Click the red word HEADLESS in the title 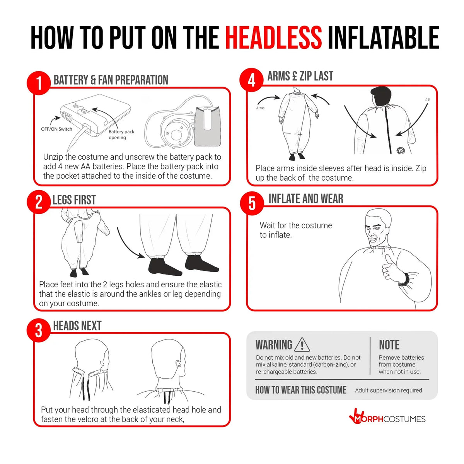(273, 38)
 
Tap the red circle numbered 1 (39, 83)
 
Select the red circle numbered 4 (251, 80)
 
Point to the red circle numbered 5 (252, 203)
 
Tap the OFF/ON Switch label (56, 129)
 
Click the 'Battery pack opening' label (121, 135)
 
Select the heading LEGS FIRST (74, 200)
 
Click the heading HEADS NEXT (77, 326)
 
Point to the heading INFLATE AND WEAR (306, 199)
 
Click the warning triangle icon (302, 345)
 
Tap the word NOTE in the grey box (389, 345)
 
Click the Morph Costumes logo (387, 419)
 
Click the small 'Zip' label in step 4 (427, 99)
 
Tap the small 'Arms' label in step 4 (260, 108)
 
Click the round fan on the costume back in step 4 (401, 151)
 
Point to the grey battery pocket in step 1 (208, 126)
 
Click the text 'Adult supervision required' (388, 390)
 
